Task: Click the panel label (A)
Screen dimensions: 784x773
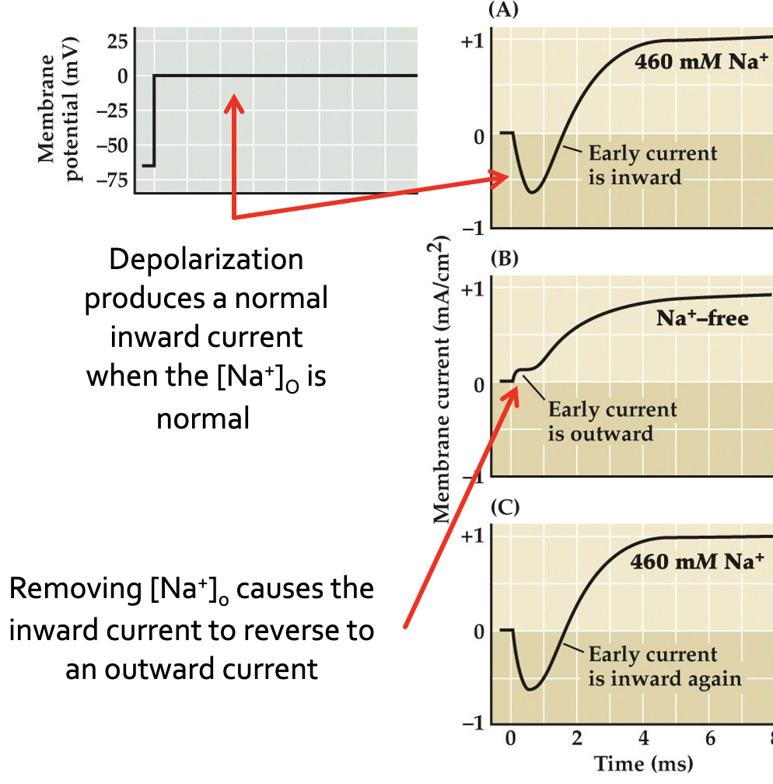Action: tap(502, 11)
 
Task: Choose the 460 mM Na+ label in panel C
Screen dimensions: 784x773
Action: tap(691, 561)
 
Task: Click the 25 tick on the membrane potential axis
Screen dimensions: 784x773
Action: tap(115, 41)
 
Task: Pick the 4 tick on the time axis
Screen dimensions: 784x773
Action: tap(643, 737)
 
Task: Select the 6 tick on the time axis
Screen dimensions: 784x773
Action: tap(710, 737)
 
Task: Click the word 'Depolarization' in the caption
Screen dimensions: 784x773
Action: tap(206, 260)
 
